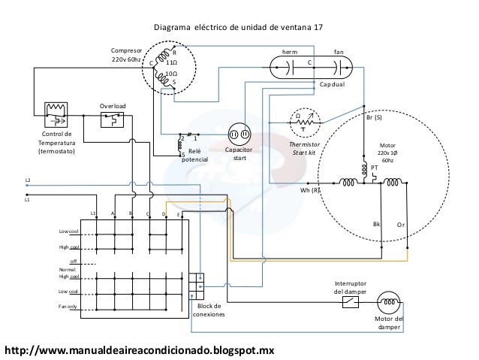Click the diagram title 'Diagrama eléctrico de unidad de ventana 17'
pyautogui.click(x=239, y=27)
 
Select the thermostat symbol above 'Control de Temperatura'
pyautogui.click(x=56, y=113)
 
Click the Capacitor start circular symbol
pyautogui.click(x=239, y=133)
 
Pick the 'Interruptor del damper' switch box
pyautogui.click(x=350, y=302)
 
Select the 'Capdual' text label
pyautogui.click(x=331, y=85)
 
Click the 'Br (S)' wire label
pyautogui.click(x=373, y=118)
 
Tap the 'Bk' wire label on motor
pyautogui.click(x=377, y=224)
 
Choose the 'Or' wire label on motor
pyautogui.click(x=401, y=224)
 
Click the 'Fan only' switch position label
pyautogui.click(x=68, y=307)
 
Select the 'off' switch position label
pyautogui.click(x=74, y=261)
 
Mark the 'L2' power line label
pyautogui.click(x=28, y=181)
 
